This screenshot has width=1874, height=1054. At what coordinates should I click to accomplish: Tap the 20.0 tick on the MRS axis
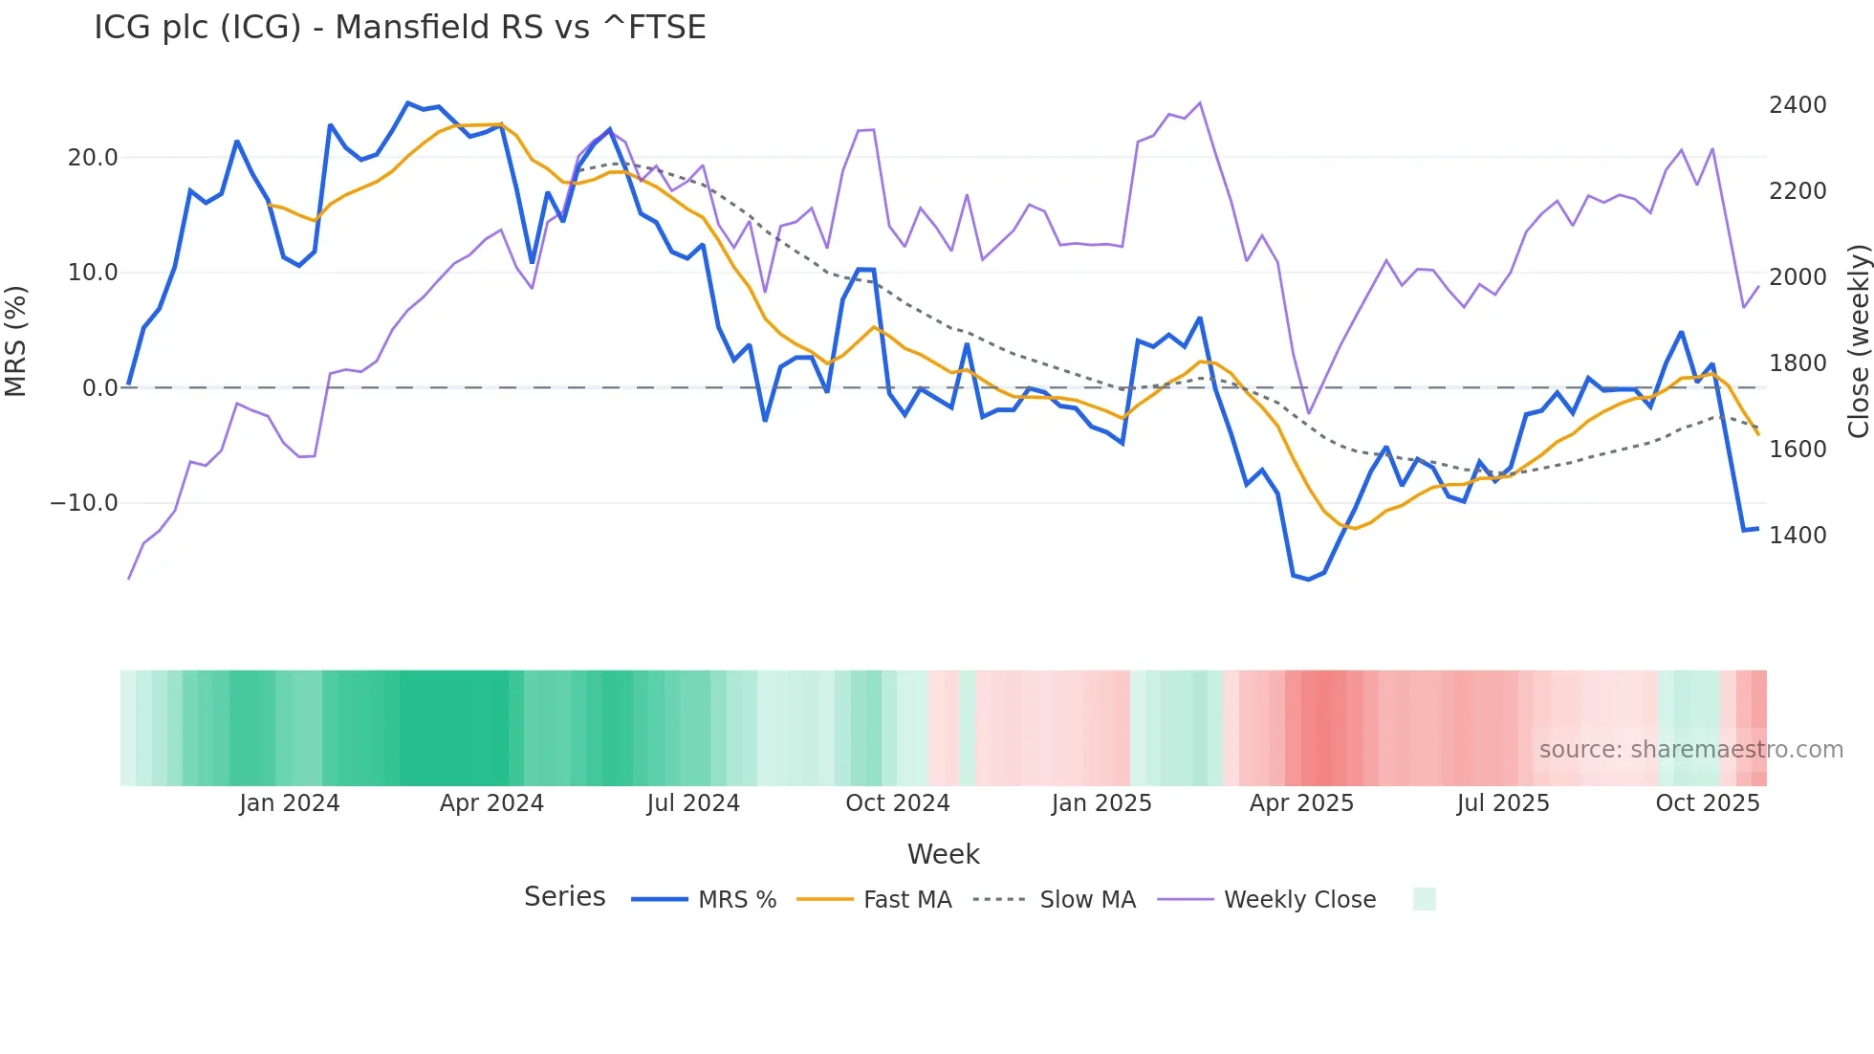pos(93,158)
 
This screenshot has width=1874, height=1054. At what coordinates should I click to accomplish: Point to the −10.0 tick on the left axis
pos(84,503)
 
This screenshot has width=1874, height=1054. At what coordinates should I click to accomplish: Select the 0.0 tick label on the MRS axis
pos(99,388)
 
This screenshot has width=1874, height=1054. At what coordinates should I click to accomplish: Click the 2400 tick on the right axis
pos(1797,105)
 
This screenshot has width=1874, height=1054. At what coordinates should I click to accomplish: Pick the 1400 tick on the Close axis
pos(1797,536)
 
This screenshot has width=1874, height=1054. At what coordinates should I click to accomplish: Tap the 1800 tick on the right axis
pos(1797,363)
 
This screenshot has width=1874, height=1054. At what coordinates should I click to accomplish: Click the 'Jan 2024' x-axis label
pos(289,803)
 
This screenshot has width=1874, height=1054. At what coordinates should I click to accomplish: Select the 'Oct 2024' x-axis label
pos(897,803)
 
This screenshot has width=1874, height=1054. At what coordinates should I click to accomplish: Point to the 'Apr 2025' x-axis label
pos(1301,803)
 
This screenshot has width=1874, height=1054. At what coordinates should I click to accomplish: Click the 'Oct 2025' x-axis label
pos(1707,803)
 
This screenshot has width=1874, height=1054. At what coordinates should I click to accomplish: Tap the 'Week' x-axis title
pos(943,854)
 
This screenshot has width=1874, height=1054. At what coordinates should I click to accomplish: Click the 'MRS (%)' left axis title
pos(16,340)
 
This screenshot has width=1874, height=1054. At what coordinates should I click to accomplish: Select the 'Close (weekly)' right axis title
pos(1858,341)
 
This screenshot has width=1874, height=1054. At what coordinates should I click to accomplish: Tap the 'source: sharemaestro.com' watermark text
pos(1690,750)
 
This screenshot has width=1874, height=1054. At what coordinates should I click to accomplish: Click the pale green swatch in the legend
pos(1424,899)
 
